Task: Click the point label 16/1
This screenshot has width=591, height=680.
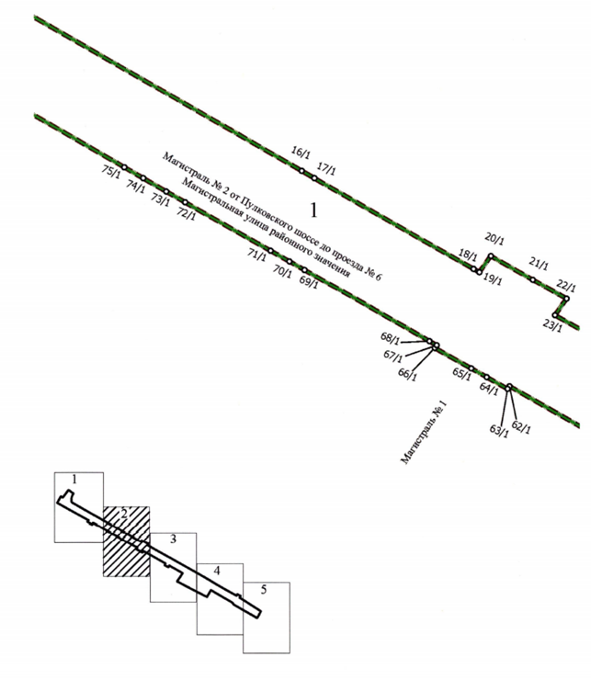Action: [x=301, y=153]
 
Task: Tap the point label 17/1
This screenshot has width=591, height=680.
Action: [x=326, y=168]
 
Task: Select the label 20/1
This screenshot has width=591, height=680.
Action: [x=494, y=239]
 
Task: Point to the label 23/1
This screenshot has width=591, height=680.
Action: [x=552, y=324]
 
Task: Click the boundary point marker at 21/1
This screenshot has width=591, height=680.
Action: [x=533, y=279]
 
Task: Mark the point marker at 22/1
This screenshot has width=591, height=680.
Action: [x=566, y=299]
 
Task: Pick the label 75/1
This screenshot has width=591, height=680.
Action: [x=111, y=170]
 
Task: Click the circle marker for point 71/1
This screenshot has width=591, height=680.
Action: [x=270, y=250]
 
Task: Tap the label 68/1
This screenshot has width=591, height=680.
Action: [x=390, y=337]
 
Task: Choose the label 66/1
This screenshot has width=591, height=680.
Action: [x=407, y=374]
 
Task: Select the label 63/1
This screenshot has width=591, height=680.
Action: [x=499, y=431]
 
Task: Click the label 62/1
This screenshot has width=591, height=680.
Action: [x=521, y=427]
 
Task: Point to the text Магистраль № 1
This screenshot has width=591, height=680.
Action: [x=423, y=433]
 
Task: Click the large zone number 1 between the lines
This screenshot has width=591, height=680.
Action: [x=313, y=210]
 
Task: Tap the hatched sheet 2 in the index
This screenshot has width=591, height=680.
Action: [x=126, y=541]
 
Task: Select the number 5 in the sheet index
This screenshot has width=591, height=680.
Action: [x=264, y=590]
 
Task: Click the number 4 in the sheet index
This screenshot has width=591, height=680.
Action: [x=217, y=571]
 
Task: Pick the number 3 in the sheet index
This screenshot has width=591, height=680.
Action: [x=173, y=539]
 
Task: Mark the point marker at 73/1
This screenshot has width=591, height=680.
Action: [x=166, y=191]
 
